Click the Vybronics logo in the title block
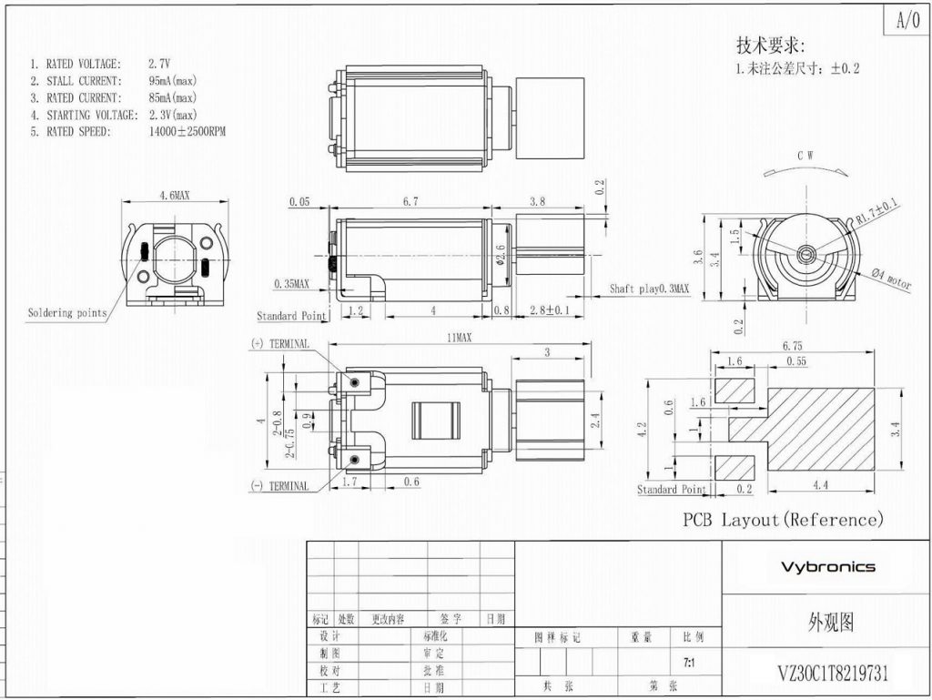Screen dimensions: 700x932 point(827,567)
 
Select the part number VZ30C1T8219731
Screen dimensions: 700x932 point(833,674)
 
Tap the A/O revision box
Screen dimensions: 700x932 point(907,20)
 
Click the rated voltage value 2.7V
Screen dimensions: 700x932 point(159,65)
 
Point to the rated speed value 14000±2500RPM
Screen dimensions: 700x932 point(187,131)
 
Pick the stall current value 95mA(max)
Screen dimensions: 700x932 point(172,81)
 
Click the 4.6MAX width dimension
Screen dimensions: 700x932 point(175,196)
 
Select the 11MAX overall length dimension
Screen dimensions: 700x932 point(458,338)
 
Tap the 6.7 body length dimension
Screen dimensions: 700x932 point(410,201)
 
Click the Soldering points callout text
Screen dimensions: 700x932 point(66,313)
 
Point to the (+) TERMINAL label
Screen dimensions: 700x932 point(279,344)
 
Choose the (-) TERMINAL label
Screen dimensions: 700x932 point(279,486)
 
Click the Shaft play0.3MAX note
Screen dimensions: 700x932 point(649,289)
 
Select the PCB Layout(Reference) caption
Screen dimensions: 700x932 point(784,520)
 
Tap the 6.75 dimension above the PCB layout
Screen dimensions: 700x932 point(793,346)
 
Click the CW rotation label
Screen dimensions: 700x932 point(805,156)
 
